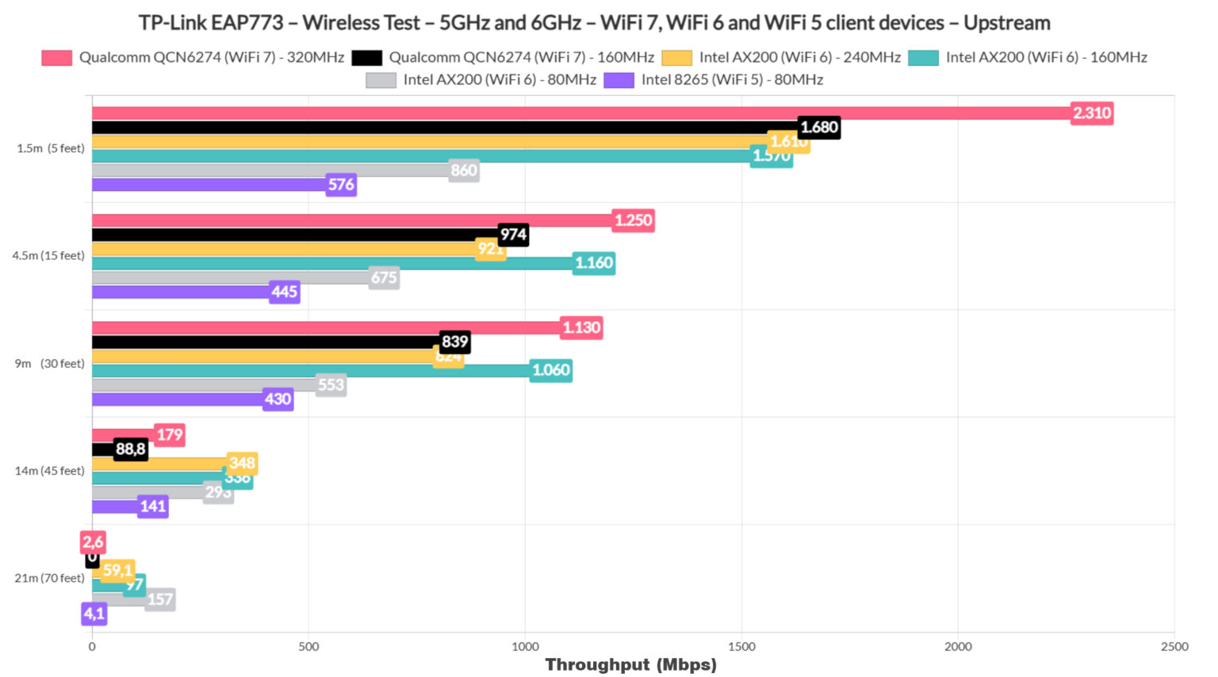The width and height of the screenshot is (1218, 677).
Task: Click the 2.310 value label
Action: pos(1091,113)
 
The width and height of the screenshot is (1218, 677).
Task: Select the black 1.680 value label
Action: pos(818,128)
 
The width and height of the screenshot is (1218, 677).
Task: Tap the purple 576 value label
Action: pos(341,185)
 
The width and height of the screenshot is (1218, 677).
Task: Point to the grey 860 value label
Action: pos(463,170)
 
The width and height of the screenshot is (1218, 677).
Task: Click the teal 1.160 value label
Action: pos(594,263)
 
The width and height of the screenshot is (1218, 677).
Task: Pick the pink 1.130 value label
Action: pos(581,327)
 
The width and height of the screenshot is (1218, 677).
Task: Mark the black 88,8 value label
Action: pos(131,449)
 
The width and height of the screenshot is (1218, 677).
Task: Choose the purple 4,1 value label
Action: pos(94,614)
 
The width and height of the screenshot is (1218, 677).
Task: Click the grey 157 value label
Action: pos(159,599)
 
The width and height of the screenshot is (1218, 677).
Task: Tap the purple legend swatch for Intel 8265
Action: pos(619,80)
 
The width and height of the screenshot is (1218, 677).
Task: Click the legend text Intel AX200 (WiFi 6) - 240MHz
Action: pos(799,57)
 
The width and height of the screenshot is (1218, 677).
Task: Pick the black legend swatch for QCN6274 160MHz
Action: pos(366,58)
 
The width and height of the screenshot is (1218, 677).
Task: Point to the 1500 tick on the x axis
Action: pos(741,647)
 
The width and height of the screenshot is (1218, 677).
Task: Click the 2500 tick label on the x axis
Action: pos(1174,647)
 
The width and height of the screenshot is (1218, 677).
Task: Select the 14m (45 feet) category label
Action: pos(49,471)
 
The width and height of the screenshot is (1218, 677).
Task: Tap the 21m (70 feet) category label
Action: pos(49,578)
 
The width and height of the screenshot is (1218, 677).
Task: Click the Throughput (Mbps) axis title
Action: pos(630,664)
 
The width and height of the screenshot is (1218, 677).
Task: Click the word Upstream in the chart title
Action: pos(1006,22)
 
